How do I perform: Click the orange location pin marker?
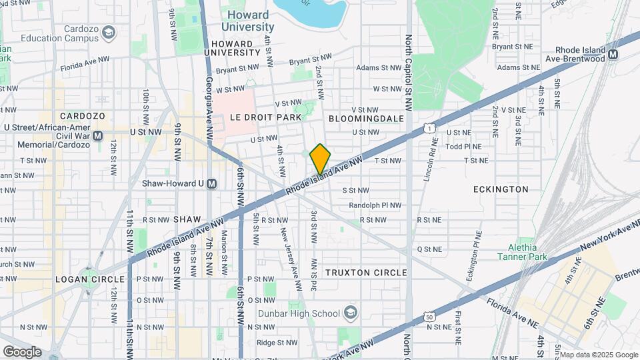[320, 159]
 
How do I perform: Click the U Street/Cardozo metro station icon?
[98, 136]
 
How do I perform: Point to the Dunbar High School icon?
[351, 313]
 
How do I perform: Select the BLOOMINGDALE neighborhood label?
[366, 118]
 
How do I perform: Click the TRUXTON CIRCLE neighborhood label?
[365, 273]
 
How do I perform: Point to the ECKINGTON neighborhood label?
[501, 189]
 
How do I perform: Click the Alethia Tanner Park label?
[517, 252]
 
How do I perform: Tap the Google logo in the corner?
[22, 351]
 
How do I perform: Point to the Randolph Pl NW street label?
[375, 205]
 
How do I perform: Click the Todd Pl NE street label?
[463, 146]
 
